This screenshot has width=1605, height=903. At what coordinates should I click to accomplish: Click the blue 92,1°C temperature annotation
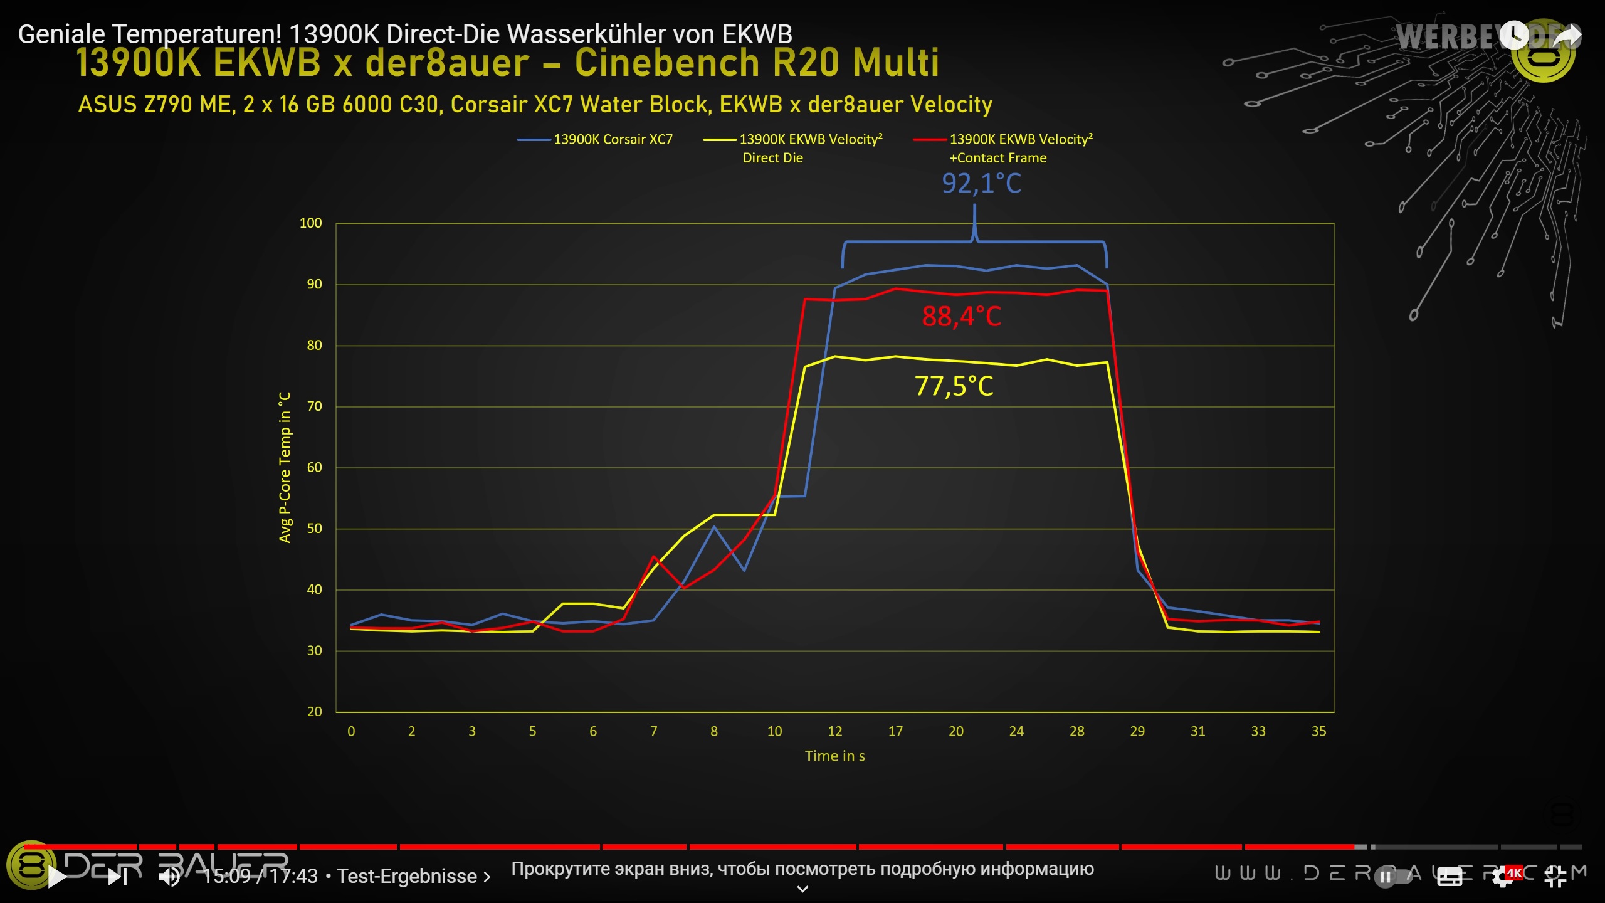click(x=981, y=184)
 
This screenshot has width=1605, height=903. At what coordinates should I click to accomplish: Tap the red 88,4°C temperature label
click(x=961, y=317)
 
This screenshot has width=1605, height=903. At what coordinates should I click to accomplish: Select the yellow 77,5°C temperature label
click(x=954, y=386)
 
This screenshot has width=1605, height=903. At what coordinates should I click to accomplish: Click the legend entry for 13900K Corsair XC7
click(x=612, y=140)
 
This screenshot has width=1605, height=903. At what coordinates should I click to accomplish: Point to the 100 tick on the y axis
click(x=310, y=223)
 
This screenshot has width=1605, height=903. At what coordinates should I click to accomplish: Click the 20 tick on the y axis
click(x=314, y=712)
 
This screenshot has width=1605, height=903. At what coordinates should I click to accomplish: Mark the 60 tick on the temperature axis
click(x=314, y=467)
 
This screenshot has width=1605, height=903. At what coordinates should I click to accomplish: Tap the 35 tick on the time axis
click(x=1318, y=731)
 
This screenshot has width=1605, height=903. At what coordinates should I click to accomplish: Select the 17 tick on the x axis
click(x=895, y=731)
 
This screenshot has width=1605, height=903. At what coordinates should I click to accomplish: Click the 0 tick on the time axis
click(x=351, y=731)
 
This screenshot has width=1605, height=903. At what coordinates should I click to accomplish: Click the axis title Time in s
click(x=834, y=756)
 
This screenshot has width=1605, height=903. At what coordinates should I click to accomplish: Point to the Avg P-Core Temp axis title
click(x=285, y=467)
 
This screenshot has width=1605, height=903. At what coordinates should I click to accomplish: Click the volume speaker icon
click(x=169, y=877)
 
